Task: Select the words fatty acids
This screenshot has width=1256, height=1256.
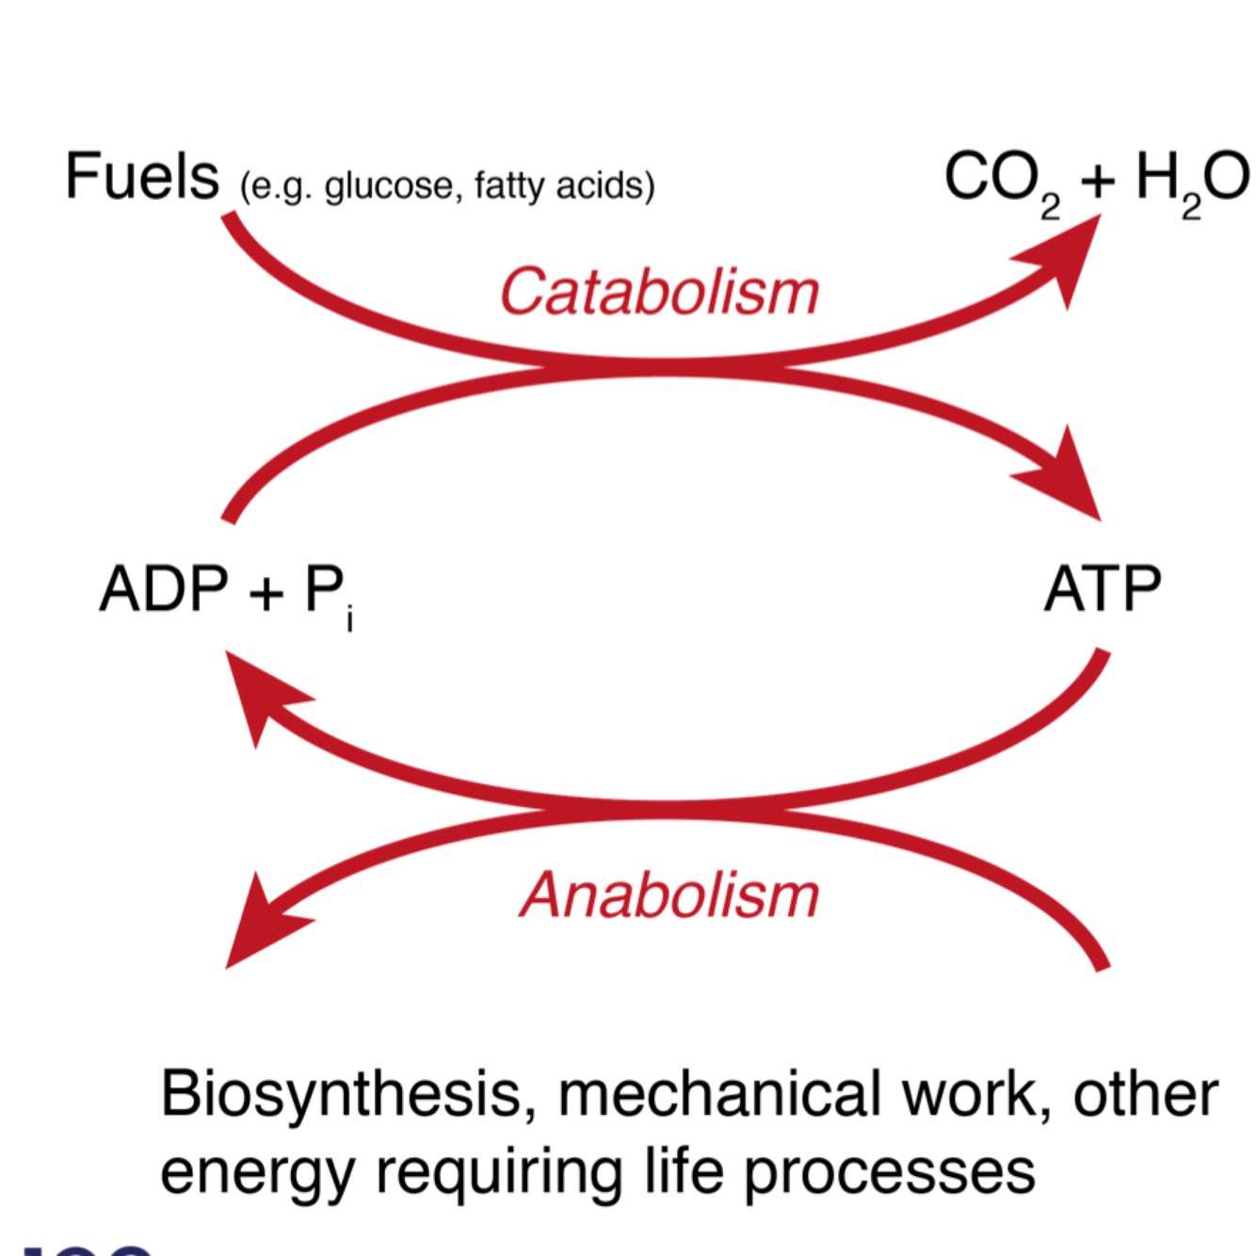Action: click(x=556, y=185)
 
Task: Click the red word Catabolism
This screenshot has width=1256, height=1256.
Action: click(x=658, y=291)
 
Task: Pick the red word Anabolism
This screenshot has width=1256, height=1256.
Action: click(x=669, y=894)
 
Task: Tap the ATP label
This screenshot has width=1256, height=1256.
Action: click(x=1102, y=589)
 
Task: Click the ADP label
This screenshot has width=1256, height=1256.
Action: click(x=164, y=589)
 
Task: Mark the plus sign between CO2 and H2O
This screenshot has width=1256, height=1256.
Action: click(x=1097, y=179)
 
